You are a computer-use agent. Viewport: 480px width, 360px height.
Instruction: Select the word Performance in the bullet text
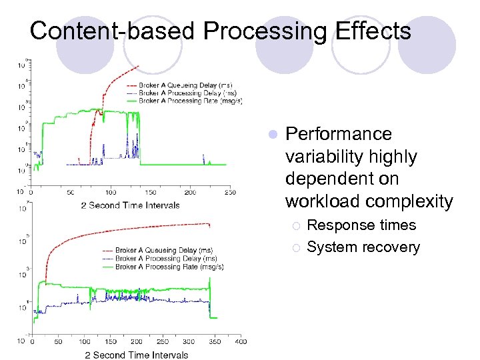point(338,134)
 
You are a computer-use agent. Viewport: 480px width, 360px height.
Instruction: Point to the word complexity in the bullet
point(409,201)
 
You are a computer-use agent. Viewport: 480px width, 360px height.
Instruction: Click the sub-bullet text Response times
point(361,225)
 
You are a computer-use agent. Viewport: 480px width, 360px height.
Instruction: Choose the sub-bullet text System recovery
point(363,247)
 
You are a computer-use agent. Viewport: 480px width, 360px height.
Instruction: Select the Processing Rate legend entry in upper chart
point(189,101)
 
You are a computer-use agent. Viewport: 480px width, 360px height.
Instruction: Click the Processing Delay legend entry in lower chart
point(165,259)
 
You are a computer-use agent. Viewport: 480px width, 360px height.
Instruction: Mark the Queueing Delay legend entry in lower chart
point(164,251)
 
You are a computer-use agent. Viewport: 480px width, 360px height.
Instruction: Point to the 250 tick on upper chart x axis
point(229,193)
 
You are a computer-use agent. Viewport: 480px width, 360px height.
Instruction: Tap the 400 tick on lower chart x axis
point(240,342)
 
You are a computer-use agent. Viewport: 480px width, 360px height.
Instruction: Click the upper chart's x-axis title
point(130,205)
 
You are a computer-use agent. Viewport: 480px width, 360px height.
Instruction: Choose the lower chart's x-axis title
point(137,355)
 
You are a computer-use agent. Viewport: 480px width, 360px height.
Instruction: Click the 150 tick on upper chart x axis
point(150,193)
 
